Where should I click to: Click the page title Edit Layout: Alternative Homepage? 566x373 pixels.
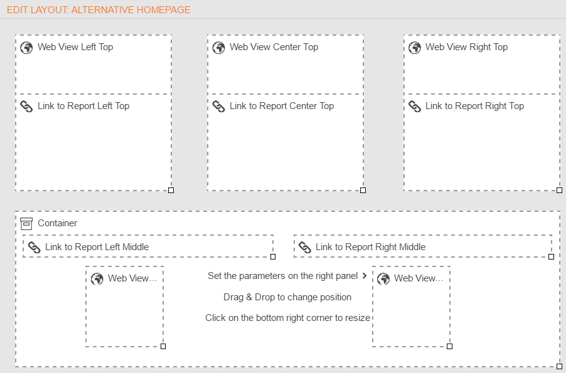[99, 10]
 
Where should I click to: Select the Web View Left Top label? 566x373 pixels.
[75, 47]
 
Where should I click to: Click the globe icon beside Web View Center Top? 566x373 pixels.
[218, 47]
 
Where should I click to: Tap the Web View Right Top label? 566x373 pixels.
[466, 47]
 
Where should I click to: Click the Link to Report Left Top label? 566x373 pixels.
[83, 106]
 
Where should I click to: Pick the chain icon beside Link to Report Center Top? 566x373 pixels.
[218, 107]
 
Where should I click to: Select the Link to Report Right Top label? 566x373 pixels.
[474, 106]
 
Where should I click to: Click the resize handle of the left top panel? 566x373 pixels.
[171, 190]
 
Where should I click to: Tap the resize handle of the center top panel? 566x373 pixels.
[363, 190]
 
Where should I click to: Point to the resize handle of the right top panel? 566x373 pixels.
[559, 190]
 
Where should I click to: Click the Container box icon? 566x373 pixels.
[26, 224]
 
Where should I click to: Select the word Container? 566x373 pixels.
[57, 223]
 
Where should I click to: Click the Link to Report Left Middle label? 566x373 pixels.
[97, 247]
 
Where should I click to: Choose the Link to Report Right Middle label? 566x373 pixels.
[370, 247]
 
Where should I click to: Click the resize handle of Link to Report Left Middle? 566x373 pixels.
[273, 256]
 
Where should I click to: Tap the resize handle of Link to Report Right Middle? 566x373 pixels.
[551, 256]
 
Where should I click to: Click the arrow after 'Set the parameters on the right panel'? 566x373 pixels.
[365, 276]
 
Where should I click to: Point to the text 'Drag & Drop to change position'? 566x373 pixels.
[287, 297]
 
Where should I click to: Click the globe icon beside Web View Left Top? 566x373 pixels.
[26, 47]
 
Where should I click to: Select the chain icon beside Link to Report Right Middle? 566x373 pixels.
[305, 248]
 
